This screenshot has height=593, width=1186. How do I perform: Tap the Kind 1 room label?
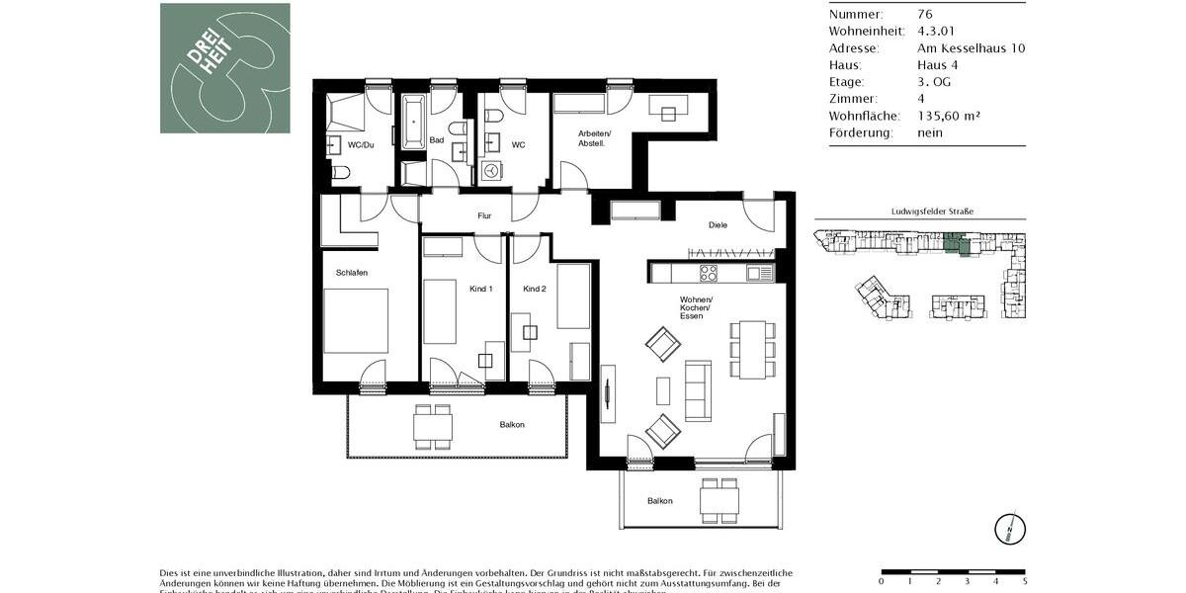point(480,289)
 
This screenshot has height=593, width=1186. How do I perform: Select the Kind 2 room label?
point(535,289)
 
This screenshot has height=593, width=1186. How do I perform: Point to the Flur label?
point(484,215)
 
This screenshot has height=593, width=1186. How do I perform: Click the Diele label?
point(718,225)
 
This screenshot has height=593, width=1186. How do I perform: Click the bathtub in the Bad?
point(412,122)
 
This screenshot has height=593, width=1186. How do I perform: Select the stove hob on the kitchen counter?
point(709,273)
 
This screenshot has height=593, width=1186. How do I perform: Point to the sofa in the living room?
point(699,389)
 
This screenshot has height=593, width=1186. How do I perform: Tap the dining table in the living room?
point(753,349)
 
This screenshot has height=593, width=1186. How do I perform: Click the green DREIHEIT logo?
point(225,68)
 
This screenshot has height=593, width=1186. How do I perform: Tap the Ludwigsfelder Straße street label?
point(919,212)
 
